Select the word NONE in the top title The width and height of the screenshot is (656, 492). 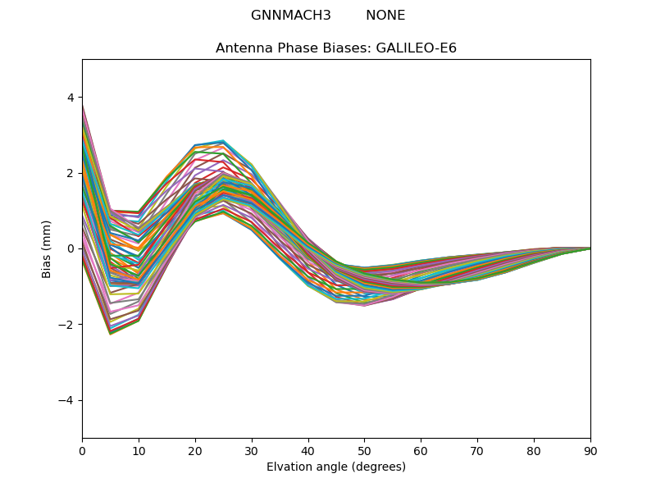tap(385, 16)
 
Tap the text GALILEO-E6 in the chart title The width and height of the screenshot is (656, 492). tap(416, 48)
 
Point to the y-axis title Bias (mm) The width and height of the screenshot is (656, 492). tap(47, 248)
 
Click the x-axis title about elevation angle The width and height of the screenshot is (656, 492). tap(336, 467)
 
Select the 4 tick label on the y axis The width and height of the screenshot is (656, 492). tap(71, 98)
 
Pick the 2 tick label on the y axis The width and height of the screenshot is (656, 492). tap(71, 173)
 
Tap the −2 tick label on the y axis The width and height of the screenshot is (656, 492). tap(66, 325)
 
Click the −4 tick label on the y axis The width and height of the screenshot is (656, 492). tap(66, 400)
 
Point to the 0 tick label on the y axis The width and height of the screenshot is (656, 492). tap(71, 248)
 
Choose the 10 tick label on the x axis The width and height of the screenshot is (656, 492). tap(139, 450)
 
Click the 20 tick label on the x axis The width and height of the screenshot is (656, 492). tap(195, 450)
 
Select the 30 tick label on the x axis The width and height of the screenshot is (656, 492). tap(252, 450)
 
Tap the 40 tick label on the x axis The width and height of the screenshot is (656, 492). tap(308, 450)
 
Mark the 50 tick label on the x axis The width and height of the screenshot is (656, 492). tap(364, 450)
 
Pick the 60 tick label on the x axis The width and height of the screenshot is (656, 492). tap(421, 450)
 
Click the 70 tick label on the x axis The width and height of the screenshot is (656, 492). tap(477, 450)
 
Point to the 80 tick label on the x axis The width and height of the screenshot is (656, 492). tap(534, 450)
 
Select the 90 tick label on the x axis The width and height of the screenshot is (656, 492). tap(590, 450)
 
